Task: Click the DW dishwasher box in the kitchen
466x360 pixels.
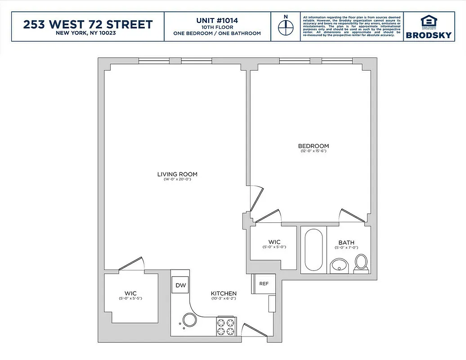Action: click(181, 285)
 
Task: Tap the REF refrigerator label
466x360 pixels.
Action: click(264, 283)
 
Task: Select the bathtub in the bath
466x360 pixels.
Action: click(313, 250)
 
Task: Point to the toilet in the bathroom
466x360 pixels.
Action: click(361, 263)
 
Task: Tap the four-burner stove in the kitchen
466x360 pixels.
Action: click(226, 327)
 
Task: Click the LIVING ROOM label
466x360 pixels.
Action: click(177, 174)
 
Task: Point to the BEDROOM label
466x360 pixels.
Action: click(314, 146)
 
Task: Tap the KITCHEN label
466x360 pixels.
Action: click(224, 293)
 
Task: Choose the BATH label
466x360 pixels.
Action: click(346, 243)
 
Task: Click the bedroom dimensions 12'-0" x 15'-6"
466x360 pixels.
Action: click(314, 151)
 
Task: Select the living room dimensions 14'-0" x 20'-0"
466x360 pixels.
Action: click(177, 180)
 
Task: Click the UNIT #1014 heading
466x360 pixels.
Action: click(217, 20)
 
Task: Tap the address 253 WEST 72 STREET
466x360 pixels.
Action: click(88, 24)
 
